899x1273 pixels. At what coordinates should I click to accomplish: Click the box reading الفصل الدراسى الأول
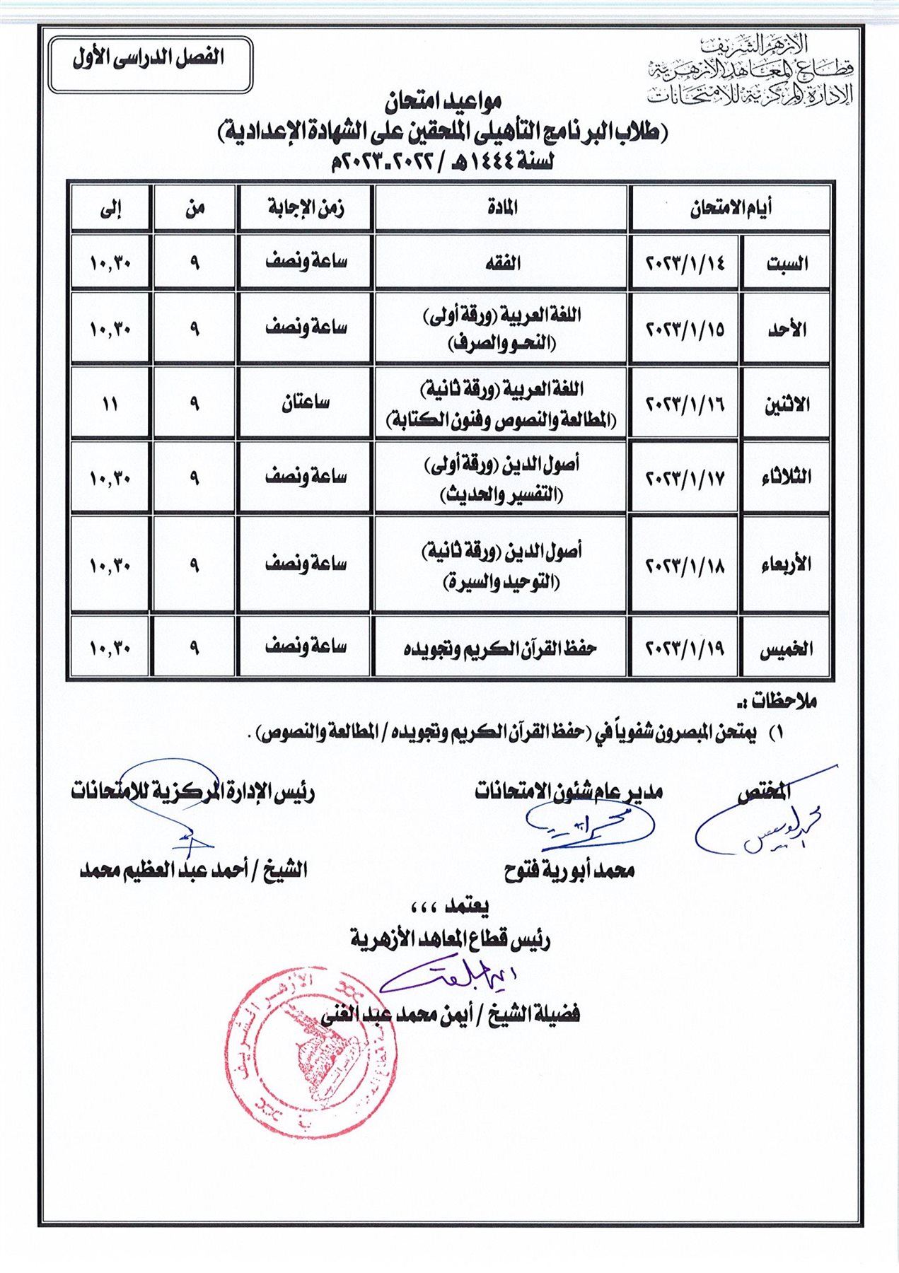(x=150, y=64)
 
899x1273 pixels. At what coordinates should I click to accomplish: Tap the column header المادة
(x=501, y=208)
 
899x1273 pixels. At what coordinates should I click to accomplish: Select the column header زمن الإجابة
(x=305, y=208)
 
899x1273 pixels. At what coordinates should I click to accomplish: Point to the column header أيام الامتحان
(x=730, y=208)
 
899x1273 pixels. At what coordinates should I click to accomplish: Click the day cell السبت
(x=787, y=263)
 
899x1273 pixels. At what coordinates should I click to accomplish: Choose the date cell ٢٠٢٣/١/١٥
(x=685, y=329)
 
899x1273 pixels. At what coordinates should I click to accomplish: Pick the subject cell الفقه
(x=501, y=263)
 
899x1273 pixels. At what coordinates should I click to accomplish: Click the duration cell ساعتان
(x=305, y=404)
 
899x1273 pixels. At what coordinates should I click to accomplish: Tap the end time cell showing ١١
(x=110, y=404)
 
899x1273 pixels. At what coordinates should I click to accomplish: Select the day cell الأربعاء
(x=787, y=565)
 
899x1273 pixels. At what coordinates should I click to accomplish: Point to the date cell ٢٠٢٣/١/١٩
(x=685, y=648)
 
